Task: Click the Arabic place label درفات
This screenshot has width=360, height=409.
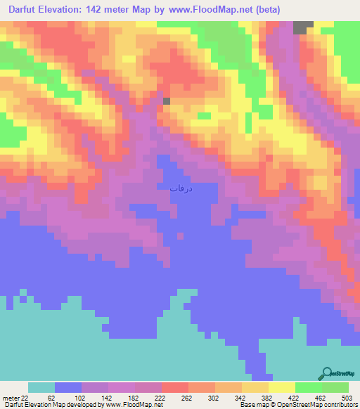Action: click(181, 188)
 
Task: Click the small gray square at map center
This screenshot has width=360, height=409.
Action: click(167, 101)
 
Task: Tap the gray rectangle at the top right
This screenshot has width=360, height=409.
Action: click(303, 27)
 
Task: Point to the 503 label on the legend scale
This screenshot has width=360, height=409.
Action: click(348, 397)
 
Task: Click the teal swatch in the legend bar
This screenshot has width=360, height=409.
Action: click(41, 387)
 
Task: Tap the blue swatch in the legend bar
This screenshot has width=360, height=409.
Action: click(67, 387)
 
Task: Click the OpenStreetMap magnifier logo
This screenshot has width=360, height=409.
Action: click(326, 374)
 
